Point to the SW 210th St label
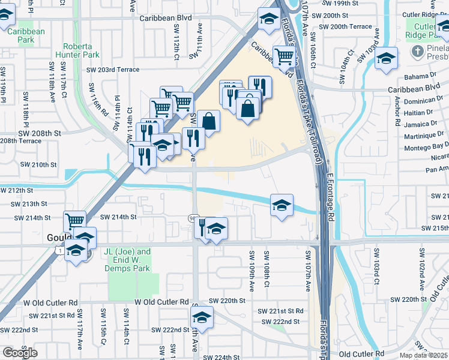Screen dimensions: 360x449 (x=38, y=164)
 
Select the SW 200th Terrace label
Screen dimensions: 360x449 (x=346, y=27)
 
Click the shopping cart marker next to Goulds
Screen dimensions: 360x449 (x=74, y=221)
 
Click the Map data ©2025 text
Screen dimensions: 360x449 (x=423, y=355)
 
